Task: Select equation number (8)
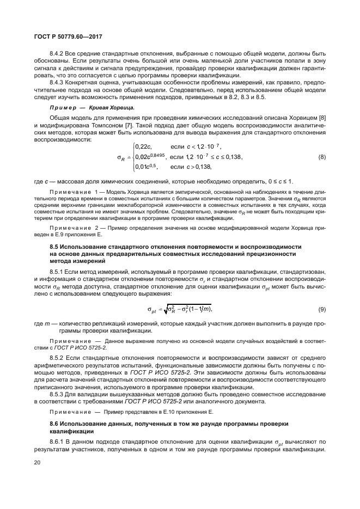click(322, 157)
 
